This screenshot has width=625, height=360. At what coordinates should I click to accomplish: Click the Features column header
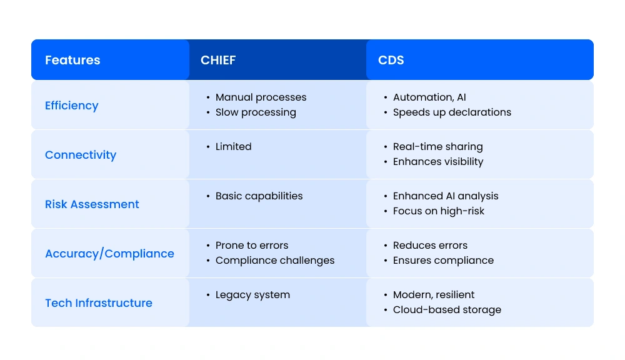[x=72, y=60]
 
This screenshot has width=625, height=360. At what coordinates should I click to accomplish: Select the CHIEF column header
[x=218, y=60]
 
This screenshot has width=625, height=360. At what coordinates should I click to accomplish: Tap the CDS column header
[x=391, y=60]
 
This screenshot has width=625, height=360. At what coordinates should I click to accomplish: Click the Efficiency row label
[x=72, y=106]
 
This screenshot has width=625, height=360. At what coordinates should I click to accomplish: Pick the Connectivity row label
[x=81, y=155]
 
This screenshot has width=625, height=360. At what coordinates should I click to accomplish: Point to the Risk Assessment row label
[x=92, y=204]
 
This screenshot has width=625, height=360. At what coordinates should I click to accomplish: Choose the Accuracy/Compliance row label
[x=109, y=254]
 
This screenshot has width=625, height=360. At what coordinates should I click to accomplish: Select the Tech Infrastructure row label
[x=99, y=303]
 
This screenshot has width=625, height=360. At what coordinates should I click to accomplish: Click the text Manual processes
[x=261, y=97]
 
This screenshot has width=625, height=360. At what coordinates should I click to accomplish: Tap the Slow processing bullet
[x=256, y=112]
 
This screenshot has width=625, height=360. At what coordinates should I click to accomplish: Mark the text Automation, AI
[x=429, y=97]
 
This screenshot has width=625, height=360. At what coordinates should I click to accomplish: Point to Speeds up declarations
[x=452, y=112]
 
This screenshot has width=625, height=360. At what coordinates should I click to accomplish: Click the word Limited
[x=233, y=147]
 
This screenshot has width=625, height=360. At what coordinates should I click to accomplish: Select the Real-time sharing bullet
[x=437, y=147]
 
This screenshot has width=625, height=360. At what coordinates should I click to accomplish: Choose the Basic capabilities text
[x=259, y=196]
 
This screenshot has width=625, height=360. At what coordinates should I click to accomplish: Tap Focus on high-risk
[x=438, y=211]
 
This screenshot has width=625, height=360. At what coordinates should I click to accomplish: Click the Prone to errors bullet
[x=252, y=246]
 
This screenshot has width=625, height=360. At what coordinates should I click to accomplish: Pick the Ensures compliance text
[x=443, y=261]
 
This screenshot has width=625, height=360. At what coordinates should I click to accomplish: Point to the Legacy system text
[x=252, y=295]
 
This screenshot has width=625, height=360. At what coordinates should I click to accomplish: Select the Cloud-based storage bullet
[x=447, y=310]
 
